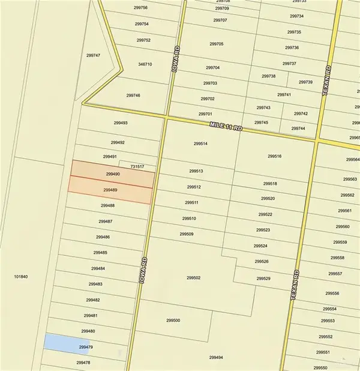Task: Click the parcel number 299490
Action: [113, 173]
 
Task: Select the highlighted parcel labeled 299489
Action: [110, 190]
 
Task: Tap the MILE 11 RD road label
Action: [225, 124]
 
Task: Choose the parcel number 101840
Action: [21, 277]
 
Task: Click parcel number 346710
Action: [145, 64]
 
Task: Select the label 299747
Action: [93, 55]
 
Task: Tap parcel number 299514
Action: [200, 143]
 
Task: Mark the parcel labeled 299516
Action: [275, 156]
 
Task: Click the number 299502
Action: [193, 277]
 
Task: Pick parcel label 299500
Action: [173, 320]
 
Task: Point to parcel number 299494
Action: [216, 357]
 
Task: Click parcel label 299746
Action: [133, 95]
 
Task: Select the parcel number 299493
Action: [121, 122]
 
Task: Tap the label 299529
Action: [263, 279]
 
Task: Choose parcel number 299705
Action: [217, 44]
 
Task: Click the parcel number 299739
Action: [305, 82]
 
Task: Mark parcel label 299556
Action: [332, 293]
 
